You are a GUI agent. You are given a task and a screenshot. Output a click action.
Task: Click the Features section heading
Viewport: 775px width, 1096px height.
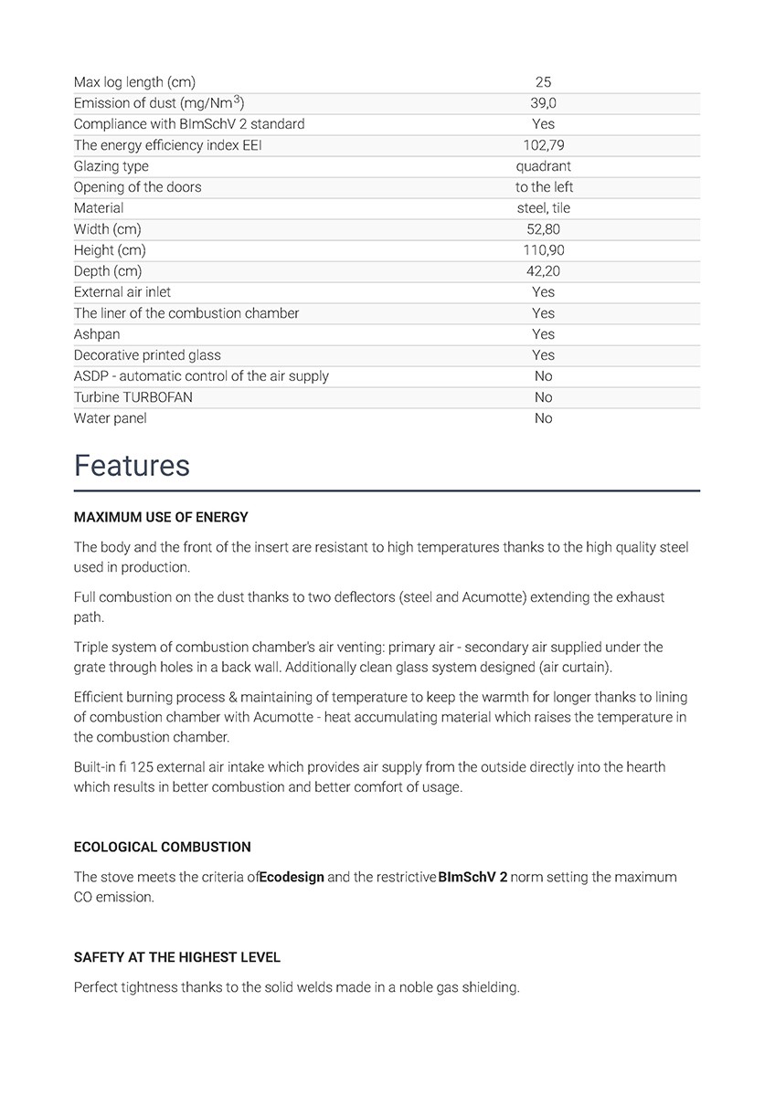[x=132, y=466]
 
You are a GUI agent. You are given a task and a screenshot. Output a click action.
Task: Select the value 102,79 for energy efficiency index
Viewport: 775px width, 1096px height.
[x=543, y=145]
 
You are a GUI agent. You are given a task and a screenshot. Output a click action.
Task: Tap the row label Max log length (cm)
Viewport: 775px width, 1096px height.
[x=134, y=82]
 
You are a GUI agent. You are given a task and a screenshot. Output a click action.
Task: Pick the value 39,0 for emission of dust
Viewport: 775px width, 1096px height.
[x=543, y=103]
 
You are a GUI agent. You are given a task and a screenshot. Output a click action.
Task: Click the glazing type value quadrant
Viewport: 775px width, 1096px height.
[x=543, y=166]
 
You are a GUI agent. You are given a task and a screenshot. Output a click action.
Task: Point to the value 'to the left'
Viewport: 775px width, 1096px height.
[x=544, y=187]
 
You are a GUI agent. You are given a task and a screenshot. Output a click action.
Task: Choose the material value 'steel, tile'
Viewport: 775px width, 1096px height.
[x=543, y=208]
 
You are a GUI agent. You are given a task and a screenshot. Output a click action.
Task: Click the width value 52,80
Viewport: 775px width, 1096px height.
[x=543, y=229]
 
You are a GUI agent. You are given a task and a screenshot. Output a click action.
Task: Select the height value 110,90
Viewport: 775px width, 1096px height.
[x=543, y=250]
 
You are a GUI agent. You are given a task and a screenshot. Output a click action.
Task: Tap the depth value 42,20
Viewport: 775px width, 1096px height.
[x=543, y=271]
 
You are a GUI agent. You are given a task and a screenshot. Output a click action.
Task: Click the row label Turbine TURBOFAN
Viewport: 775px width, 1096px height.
[x=133, y=397]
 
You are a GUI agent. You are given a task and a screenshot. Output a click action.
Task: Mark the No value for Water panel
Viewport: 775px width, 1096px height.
[x=543, y=418]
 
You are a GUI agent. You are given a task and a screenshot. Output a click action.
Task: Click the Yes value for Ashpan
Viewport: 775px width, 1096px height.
[x=543, y=334]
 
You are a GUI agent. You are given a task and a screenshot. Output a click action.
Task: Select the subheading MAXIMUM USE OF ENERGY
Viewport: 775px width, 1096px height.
[x=161, y=517]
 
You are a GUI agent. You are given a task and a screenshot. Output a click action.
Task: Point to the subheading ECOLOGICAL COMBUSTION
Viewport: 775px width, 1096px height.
[x=162, y=847]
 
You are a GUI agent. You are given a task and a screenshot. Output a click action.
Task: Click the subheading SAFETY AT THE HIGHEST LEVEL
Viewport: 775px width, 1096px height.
[x=177, y=957]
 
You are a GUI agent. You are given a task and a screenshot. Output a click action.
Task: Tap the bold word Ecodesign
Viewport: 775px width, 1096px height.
[x=292, y=877]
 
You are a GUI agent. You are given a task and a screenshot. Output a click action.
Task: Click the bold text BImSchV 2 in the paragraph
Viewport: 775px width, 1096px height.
[x=472, y=877]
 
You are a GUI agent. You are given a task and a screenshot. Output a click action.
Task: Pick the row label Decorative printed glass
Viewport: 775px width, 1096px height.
[x=147, y=355]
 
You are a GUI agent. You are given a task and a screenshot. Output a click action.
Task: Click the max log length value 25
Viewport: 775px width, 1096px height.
[x=543, y=82]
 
